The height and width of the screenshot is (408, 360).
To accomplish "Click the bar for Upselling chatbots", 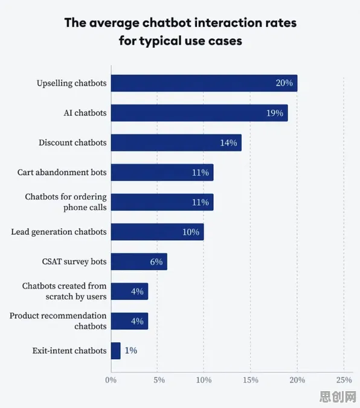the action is click(204, 83).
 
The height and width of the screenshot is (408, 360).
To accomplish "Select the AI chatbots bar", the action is click(199, 113).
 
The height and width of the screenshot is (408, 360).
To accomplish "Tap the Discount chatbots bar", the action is click(176, 142).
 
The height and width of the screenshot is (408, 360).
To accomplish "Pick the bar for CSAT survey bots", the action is click(139, 261).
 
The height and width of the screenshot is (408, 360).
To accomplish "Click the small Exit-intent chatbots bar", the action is click(115, 351).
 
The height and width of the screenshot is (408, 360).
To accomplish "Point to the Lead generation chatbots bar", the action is click(157, 232).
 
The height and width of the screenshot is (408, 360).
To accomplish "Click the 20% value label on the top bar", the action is click(284, 83).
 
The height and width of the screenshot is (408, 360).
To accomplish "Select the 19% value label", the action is click(275, 113).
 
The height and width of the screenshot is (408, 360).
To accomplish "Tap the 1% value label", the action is click(130, 351).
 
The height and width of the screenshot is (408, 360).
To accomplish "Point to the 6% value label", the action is click(156, 262).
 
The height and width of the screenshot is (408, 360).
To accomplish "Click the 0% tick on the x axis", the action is click(111, 380).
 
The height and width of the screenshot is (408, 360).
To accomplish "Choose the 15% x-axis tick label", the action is click(251, 380).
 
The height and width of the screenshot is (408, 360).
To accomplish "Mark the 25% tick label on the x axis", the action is click(344, 380).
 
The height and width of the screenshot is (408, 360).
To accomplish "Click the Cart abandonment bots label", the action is click(62, 172).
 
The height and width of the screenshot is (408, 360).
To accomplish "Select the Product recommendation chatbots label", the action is click(58, 321).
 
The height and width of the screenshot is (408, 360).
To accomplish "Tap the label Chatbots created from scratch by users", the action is click(65, 291).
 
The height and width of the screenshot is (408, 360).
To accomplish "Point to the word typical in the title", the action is click(161, 41).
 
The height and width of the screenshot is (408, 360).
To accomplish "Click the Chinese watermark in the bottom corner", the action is click(338, 397).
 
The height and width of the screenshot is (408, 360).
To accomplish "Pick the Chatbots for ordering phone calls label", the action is click(66, 202).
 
